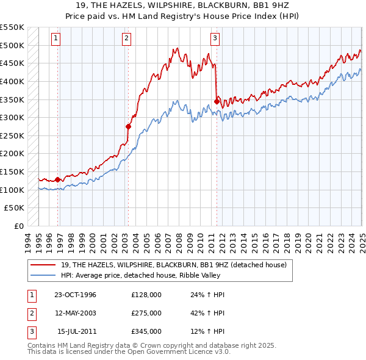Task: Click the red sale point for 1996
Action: [58, 179]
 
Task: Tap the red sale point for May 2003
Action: [129, 126]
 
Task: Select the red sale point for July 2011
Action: [217, 101]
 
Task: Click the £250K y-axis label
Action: [13, 136]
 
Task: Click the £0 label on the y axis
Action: [20, 226]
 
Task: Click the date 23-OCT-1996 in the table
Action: [75, 295]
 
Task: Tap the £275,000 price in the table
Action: [146, 313]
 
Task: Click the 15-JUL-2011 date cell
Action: [76, 331]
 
